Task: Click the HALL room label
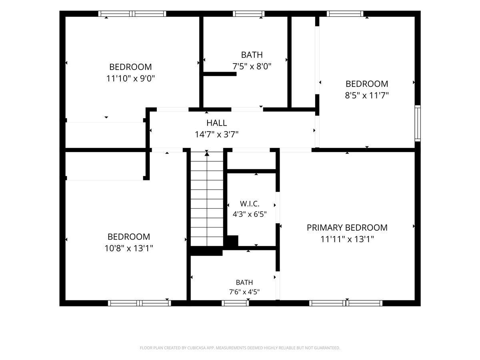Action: point(216,123)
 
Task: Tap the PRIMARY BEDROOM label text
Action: point(347,228)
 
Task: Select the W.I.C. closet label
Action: point(250,204)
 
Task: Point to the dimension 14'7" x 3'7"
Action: point(216,134)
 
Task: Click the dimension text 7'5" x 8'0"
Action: point(252,66)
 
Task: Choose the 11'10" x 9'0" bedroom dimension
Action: point(130,78)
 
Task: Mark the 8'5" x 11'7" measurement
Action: point(367,95)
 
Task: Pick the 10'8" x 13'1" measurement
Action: point(129,248)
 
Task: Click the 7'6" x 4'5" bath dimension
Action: point(244,292)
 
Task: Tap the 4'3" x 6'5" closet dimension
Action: point(250,214)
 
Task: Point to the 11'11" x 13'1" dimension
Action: point(347,239)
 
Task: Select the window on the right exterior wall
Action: point(418,123)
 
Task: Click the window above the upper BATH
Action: point(249,14)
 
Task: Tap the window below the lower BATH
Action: point(235,303)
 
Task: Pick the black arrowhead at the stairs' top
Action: point(207,154)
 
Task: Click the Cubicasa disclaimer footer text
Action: point(240,348)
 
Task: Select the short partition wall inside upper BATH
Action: point(220,74)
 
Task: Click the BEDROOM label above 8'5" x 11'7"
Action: point(367,84)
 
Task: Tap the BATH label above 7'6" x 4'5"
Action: point(244,282)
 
